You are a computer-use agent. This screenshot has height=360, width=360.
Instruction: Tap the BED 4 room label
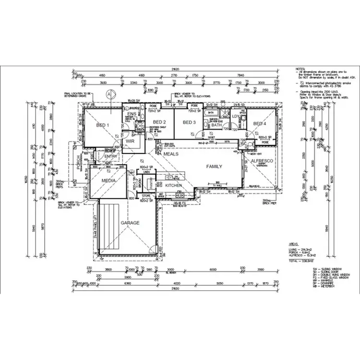pos(260,124)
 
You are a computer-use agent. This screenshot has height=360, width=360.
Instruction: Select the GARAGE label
pos(130,223)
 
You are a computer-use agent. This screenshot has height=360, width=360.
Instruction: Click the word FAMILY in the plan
pos(214,166)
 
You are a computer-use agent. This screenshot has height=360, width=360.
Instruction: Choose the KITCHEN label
pos(174,185)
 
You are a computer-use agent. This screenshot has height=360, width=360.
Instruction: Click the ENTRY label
pos(110,156)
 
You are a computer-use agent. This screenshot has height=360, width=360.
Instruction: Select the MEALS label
pos(171,154)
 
